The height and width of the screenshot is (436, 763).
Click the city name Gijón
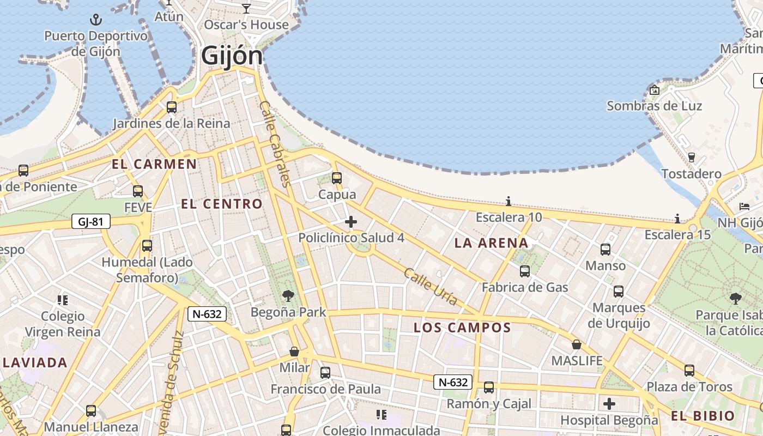232,56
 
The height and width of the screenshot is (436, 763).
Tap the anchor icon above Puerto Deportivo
96,21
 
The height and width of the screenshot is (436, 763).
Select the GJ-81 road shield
90,221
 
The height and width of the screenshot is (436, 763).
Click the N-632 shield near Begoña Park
207,313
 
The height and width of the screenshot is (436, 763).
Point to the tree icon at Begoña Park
288,296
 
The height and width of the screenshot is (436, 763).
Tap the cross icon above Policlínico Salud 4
351,222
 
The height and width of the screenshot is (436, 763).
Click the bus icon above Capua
337,178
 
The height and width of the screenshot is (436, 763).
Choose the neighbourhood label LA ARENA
492,243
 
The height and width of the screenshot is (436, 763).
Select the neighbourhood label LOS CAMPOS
462,328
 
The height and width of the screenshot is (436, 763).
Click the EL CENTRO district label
222,204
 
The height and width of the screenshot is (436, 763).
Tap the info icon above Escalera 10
508,201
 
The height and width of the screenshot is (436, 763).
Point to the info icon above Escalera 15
677,219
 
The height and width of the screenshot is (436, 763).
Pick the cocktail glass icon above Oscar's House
246,8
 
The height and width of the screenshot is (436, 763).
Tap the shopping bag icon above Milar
294,352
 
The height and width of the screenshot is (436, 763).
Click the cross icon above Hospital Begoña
609,404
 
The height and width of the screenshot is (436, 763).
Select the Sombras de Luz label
654,106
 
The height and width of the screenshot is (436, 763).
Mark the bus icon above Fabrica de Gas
525,271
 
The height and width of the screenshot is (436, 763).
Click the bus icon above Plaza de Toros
689,371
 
